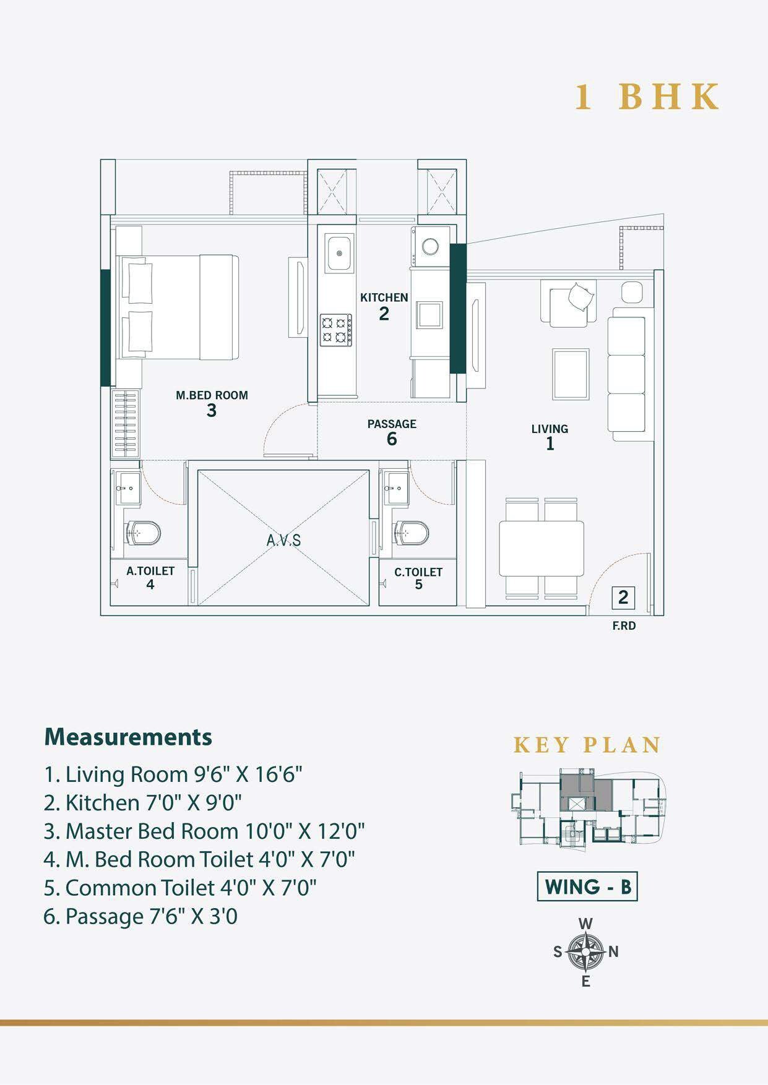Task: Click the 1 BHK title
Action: pyautogui.click(x=647, y=97)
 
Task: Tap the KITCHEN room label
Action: pyautogui.click(x=384, y=298)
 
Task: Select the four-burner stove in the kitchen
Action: pyautogui.click(x=335, y=330)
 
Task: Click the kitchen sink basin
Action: pyautogui.click(x=340, y=252)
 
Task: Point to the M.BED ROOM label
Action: pyautogui.click(x=212, y=395)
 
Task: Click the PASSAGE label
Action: pyautogui.click(x=392, y=424)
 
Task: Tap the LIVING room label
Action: pyautogui.click(x=550, y=429)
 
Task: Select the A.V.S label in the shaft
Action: pyautogui.click(x=284, y=540)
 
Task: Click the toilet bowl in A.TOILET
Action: pyautogui.click(x=144, y=533)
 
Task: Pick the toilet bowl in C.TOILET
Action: pyautogui.click(x=412, y=533)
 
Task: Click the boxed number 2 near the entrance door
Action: pyautogui.click(x=623, y=598)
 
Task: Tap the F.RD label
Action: pyautogui.click(x=624, y=626)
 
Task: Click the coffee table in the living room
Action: pyautogui.click(x=571, y=374)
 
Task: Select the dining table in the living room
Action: pyautogui.click(x=541, y=549)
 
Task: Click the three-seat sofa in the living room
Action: pyautogui.click(x=627, y=374)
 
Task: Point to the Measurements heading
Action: pyautogui.click(x=128, y=737)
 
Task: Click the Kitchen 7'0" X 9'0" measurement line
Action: pyautogui.click(x=143, y=802)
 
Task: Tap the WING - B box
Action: pyautogui.click(x=587, y=887)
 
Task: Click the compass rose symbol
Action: pyautogui.click(x=585, y=951)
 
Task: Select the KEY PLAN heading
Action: pyautogui.click(x=587, y=745)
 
